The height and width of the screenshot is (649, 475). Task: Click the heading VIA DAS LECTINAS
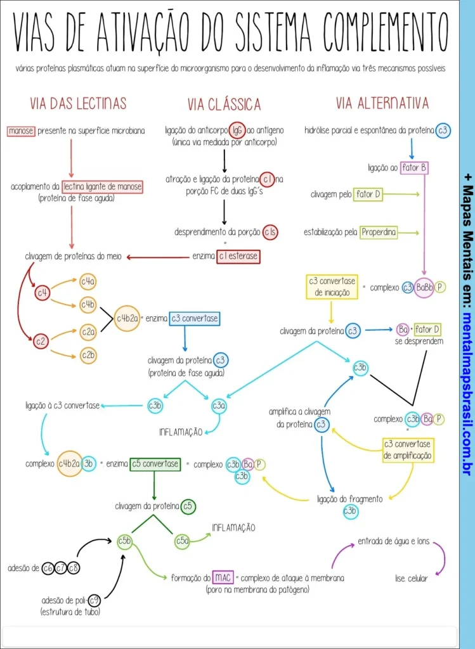[x=79, y=103]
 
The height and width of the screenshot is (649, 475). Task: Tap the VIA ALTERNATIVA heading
[x=382, y=103]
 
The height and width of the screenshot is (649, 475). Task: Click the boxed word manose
[x=21, y=131]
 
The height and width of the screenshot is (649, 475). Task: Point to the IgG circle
[x=237, y=131]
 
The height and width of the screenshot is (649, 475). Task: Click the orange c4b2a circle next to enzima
[x=126, y=319]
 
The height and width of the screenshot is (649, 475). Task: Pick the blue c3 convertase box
[x=194, y=319]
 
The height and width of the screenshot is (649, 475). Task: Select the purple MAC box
[x=223, y=577]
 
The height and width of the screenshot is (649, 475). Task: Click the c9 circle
[x=94, y=600]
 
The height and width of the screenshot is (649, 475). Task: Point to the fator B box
[x=414, y=169]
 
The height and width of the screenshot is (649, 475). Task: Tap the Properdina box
[x=379, y=233]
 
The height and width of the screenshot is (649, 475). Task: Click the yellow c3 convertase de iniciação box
[x=332, y=286]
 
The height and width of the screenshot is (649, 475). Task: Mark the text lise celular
[x=411, y=578]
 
